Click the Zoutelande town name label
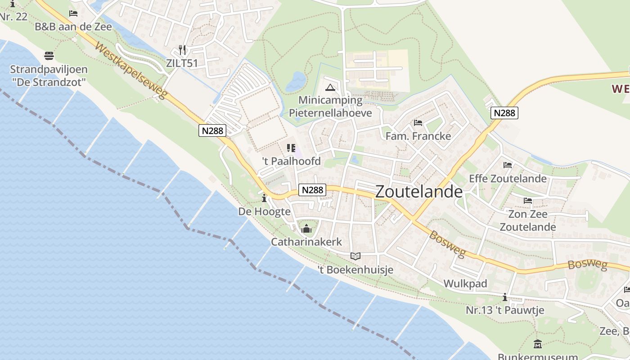point(418,192)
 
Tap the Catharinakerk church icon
point(306,229)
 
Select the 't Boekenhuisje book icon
point(355,256)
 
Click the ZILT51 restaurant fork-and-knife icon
point(182,49)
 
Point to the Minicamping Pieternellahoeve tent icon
point(330,87)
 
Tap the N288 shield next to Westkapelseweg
point(212,130)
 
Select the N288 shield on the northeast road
point(504,113)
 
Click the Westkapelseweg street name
point(131,71)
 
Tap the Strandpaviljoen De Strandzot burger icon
point(49,56)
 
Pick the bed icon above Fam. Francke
point(418,122)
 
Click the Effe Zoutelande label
point(508,179)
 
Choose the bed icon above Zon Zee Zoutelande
point(528,200)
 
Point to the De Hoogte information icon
point(264,198)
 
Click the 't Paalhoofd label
point(291,161)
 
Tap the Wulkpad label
point(465,283)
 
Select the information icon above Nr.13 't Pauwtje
point(505,297)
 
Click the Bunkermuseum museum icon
point(537,345)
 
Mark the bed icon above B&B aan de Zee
point(73,13)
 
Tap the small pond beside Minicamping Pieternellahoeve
point(296,81)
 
